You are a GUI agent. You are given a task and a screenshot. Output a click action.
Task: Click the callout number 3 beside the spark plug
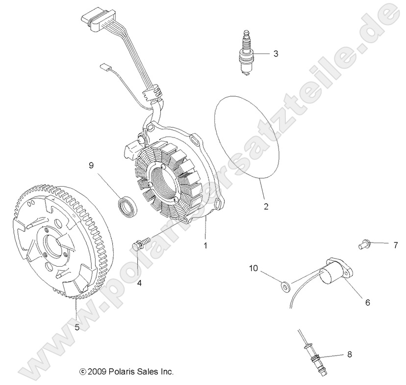[276, 54]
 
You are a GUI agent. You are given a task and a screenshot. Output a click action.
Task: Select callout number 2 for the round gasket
[266, 206]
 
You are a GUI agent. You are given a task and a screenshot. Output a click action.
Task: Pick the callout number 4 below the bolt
[139, 283]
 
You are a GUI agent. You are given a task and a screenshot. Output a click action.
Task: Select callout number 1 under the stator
[205, 244]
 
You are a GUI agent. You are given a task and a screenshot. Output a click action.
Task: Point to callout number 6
[367, 302]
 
